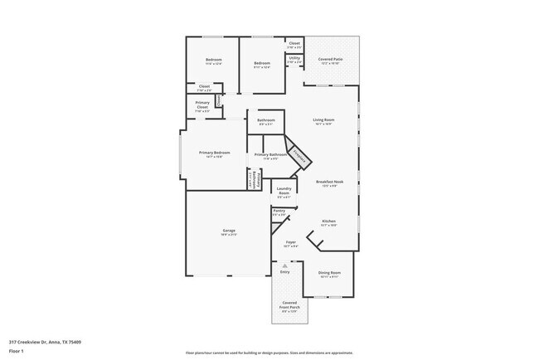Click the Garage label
pos(228,231)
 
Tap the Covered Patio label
pos(332,60)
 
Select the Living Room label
pos(323,121)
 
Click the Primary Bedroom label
pos(214,153)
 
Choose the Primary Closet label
pos(202,105)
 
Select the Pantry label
pos(279,212)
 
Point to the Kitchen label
pos(328,222)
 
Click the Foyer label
pos(290,244)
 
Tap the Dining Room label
pos(330,274)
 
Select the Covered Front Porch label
pos(289,304)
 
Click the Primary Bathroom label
pos(271,155)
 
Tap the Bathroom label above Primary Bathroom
pos(266,121)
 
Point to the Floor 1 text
pos(17,350)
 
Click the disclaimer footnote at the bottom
pos(269,353)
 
